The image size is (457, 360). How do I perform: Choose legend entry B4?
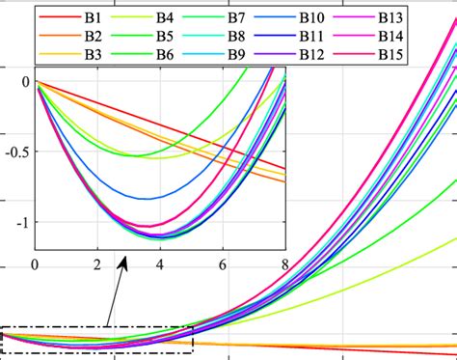click(189, 18)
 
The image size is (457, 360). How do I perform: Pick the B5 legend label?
click(189, 35)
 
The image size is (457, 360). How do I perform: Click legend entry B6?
click(189, 52)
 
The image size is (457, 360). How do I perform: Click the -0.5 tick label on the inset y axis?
click(14, 152)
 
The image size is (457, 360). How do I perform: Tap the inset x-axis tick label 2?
click(97, 264)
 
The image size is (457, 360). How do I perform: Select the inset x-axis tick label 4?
click(160, 264)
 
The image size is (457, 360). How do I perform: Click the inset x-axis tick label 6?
click(223, 264)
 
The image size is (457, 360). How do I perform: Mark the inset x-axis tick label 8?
click(284, 264)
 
